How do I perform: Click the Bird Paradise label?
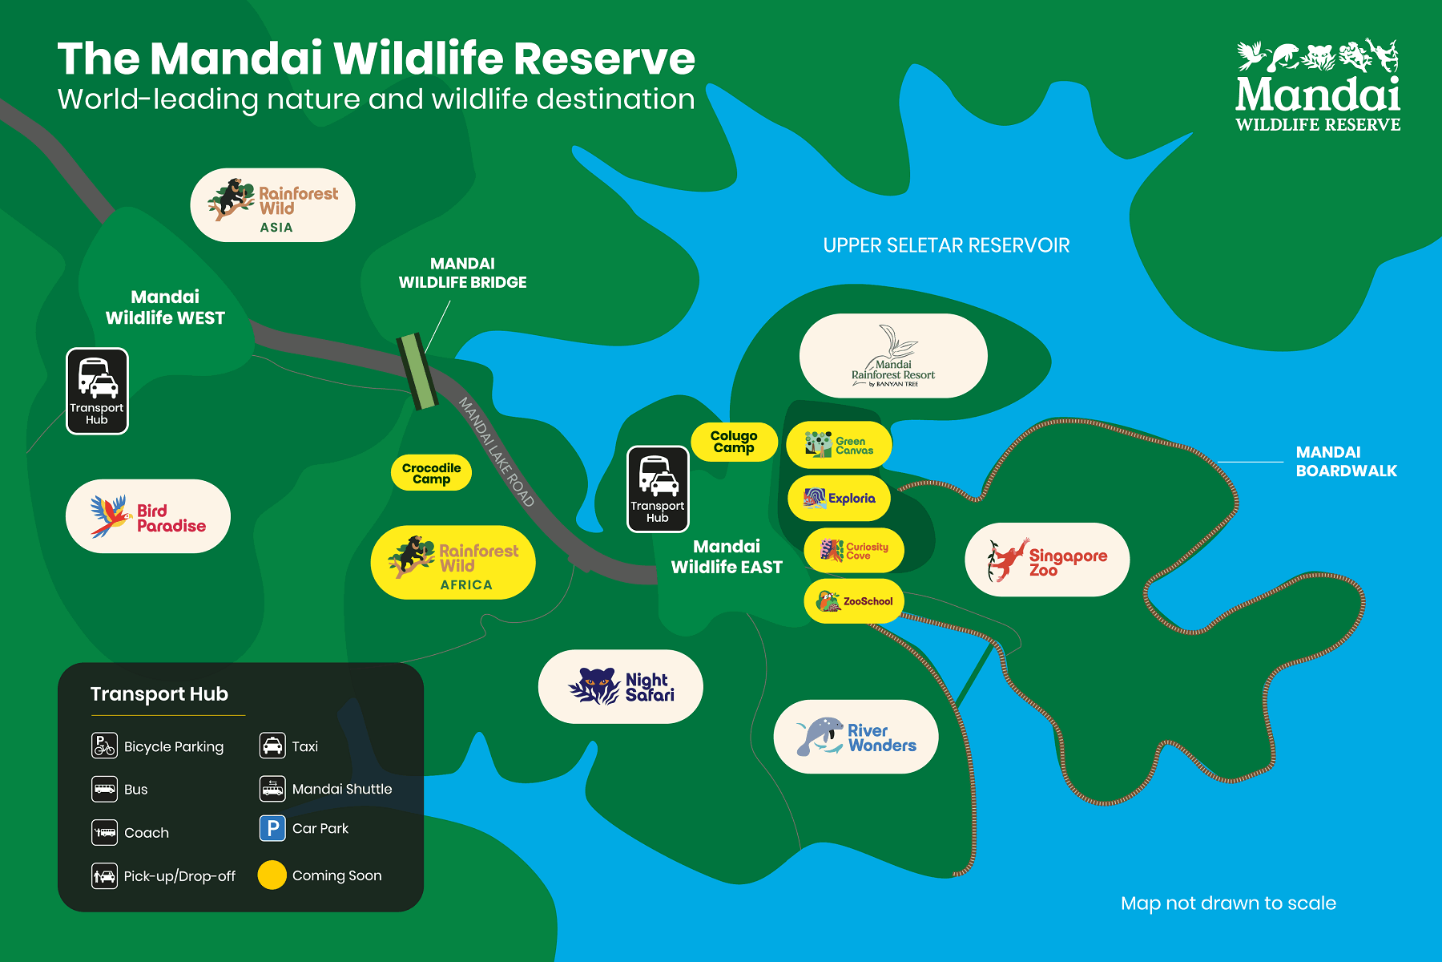pos(148,516)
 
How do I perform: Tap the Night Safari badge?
pos(621,687)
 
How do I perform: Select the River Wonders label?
pos(856,737)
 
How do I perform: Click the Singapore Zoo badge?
pos(1047,560)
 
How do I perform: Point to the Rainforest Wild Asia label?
pos(272,205)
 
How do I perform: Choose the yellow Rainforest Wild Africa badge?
pos(453,563)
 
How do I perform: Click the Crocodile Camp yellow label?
pos(431,473)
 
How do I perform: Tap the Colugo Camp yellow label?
pos(734,442)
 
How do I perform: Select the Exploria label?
pos(839,498)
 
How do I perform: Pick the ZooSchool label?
pos(854,600)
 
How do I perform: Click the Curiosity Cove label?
pos(854,550)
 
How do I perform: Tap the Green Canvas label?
pos(839,445)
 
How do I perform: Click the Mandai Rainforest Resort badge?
pos(893,356)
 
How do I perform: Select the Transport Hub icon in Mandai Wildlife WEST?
pos(97,391)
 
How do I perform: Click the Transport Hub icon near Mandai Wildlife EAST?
pos(658,489)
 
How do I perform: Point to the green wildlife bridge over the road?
pos(417,371)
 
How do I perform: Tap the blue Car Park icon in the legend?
pos(272,828)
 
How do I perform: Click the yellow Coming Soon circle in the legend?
pos(272,875)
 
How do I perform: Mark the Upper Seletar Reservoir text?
pos(946,245)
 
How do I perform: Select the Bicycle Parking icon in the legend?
pos(104,746)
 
